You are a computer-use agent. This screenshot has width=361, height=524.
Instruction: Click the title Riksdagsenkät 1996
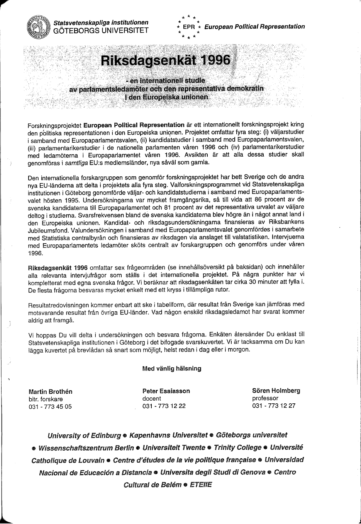click(166, 61)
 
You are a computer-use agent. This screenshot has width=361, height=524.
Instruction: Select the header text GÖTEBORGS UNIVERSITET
click(101, 31)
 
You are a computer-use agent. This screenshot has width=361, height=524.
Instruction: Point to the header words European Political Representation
click(254, 27)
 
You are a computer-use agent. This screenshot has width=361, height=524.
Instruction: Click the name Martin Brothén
click(51, 391)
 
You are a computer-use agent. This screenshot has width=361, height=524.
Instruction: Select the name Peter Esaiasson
click(166, 391)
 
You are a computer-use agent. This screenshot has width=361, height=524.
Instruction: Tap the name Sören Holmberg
click(276, 391)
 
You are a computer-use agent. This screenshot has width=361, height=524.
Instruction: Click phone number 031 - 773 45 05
click(50, 406)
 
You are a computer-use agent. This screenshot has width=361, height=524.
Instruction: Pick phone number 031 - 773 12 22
click(164, 406)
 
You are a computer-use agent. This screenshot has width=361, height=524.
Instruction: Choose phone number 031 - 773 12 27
click(274, 405)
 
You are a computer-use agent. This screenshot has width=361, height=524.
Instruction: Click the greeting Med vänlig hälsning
click(172, 368)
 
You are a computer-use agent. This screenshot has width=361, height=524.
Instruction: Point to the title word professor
click(265, 398)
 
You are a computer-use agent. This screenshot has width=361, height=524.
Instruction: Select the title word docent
click(152, 398)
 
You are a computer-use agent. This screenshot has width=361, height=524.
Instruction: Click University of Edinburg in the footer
click(84, 435)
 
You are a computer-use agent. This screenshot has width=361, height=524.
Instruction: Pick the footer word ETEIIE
click(201, 485)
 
